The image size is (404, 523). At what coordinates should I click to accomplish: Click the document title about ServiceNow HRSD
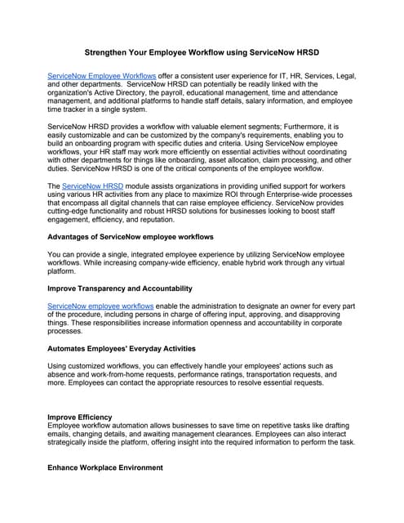202,51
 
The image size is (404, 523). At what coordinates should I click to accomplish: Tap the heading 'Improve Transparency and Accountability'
120,288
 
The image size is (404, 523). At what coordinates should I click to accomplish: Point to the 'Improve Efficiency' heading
80,417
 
